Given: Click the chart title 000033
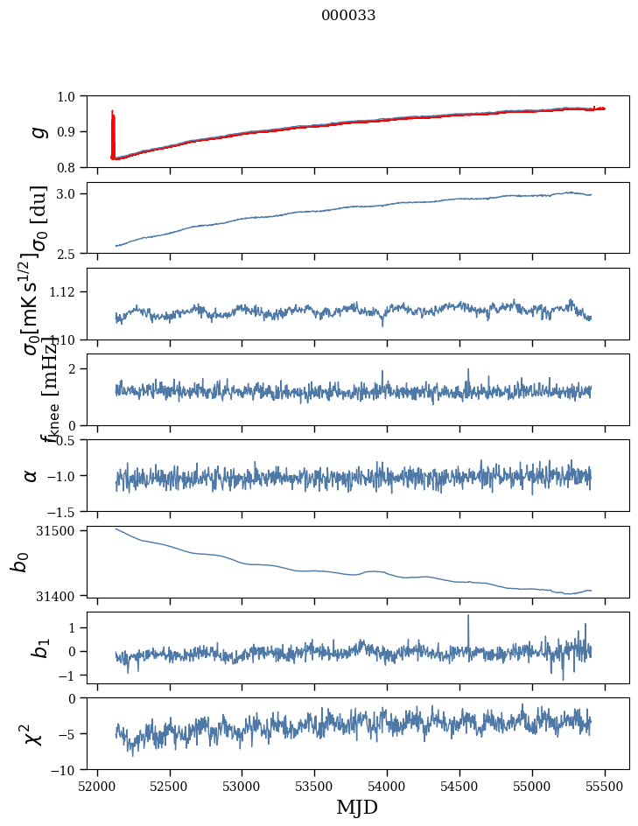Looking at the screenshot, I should [348, 15].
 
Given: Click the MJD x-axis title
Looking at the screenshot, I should [357, 807].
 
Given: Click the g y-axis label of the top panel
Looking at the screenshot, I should [37, 131].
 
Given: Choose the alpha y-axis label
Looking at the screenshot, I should [32, 475].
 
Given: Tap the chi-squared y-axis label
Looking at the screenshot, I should [33, 734].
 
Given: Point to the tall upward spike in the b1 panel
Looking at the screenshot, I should [468, 617].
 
